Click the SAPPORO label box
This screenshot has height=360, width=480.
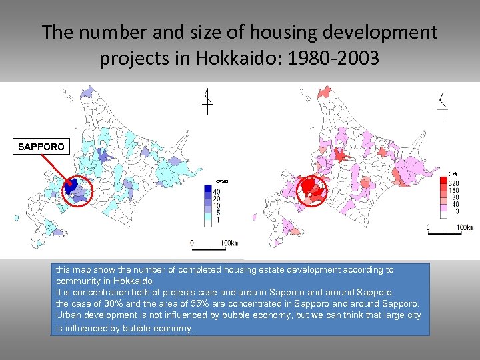tap(41, 146)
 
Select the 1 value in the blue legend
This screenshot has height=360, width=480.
tap(216, 219)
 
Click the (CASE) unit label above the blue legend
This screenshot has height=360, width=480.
tap(221, 181)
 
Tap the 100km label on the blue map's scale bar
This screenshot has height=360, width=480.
tap(228, 243)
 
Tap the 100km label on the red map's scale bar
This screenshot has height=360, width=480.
tap(464, 228)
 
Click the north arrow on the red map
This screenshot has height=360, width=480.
tap(442, 103)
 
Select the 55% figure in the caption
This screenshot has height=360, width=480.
tap(198, 303)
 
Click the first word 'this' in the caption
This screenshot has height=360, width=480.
tap(63, 270)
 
